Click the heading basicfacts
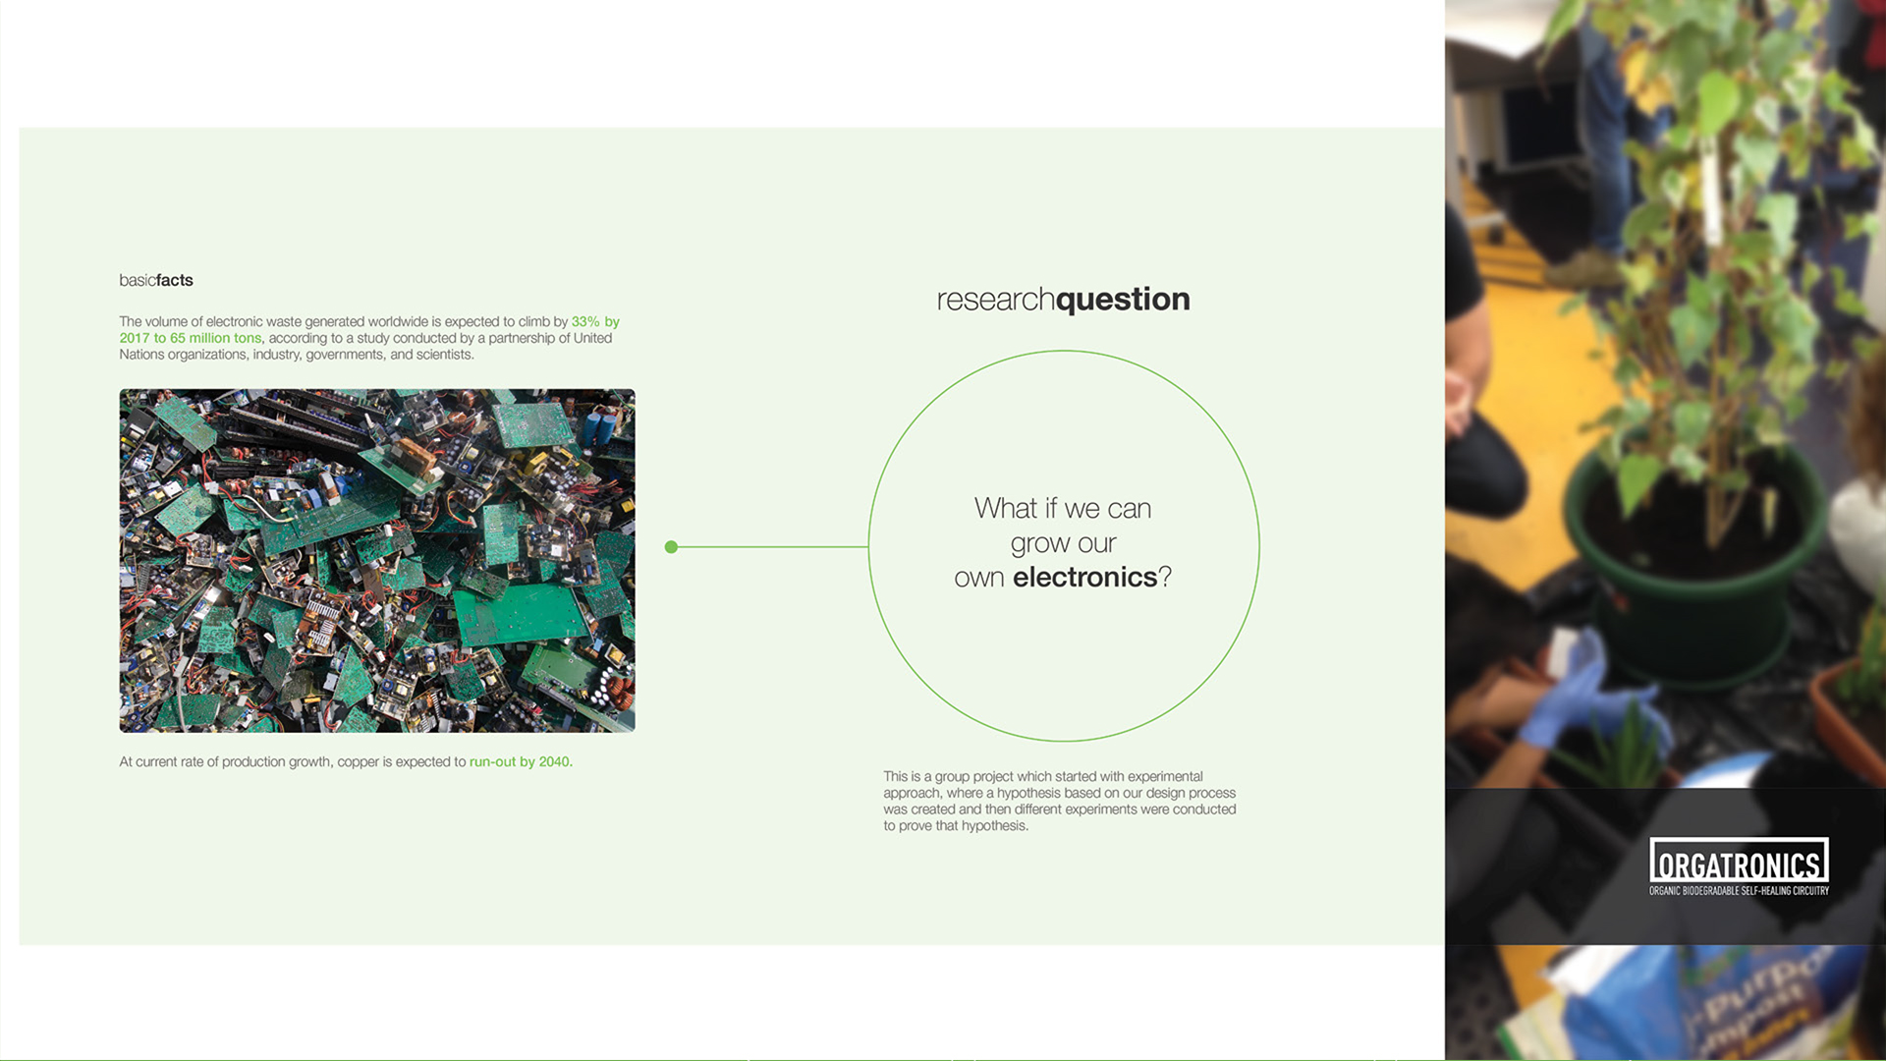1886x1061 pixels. pyautogui.click(x=156, y=280)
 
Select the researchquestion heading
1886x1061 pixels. pyautogui.click(x=1063, y=299)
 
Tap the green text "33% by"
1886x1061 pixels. pyautogui.click(x=595, y=321)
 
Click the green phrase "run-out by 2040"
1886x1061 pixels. pyautogui.click(x=520, y=761)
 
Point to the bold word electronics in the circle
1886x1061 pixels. pyautogui.click(x=1084, y=577)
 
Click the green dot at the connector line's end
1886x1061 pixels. pyautogui.click(x=671, y=546)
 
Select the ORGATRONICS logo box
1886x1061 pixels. pyautogui.click(x=1739, y=861)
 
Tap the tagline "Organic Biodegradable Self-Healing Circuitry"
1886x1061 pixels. pyautogui.click(x=1739, y=891)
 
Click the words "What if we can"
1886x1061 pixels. pyautogui.click(x=1063, y=508)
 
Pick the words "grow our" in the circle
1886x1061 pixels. pyautogui.click(x=1063, y=543)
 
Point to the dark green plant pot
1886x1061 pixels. pyautogui.click(x=1694, y=560)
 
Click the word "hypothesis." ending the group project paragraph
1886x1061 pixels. pyautogui.click(x=995, y=826)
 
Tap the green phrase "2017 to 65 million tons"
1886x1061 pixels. pyautogui.click(x=191, y=338)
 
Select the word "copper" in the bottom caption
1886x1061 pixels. pyautogui.click(x=359, y=761)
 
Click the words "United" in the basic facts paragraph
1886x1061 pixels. pyautogui.click(x=592, y=338)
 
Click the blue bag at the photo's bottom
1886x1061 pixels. pyautogui.click(x=1709, y=1002)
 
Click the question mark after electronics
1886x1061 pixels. pyautogui.click(x=1166, y=577)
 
